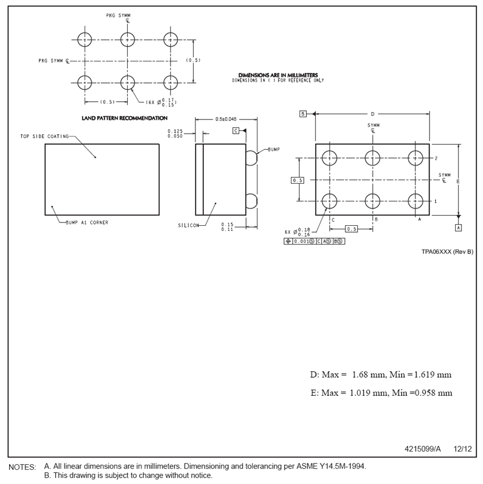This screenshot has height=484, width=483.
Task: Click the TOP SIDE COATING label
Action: coord(44,136)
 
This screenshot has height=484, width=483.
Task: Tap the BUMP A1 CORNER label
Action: coord(87,222)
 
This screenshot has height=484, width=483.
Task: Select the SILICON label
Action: coord(188,225)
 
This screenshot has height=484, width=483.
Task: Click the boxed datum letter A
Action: coord(458,227)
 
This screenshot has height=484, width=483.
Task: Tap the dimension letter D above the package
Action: coord(373,114)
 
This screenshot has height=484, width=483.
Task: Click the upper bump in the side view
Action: coord(251,158)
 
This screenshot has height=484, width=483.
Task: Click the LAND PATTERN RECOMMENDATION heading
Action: coord(125,118)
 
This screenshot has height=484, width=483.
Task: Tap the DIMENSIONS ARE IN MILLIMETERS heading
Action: coord(278,75)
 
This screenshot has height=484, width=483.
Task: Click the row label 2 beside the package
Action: coord(436,158)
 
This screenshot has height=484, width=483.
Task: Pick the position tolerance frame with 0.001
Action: coord(314,241)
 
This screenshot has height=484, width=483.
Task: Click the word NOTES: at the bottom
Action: coord(22,467)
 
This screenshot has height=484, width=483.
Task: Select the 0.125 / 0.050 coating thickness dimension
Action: coord(175,134)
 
